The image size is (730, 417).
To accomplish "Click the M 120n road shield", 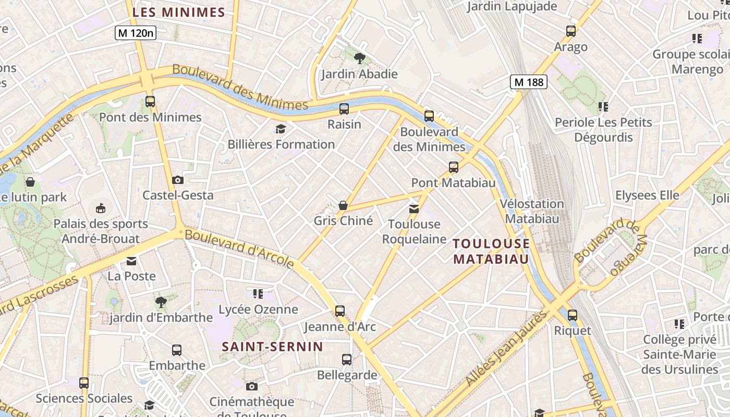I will pyautogui.click(x=136, y=33).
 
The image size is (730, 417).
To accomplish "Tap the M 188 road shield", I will pyautogui.click(x=529, y=82).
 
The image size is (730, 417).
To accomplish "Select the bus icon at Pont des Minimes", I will pyautogui.click(x=150, y=102).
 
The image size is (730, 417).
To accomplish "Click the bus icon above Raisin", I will pyautogui.click(x=344, y=109).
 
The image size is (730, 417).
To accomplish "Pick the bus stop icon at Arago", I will pyautogui.click(x=571, y=31).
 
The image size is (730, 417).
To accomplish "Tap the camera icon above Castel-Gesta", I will pyautogui.click(x=178, y=180).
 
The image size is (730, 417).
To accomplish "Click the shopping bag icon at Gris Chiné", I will pyautogui.click(x=343, y=205).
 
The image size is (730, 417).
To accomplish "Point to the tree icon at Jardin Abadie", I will pyautogui.click(x=359, y=58).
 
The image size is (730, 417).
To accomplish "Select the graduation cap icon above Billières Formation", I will pyautogui.click(x=281, y=129).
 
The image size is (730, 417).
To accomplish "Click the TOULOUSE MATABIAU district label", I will pyautogui.click(x=491, y=251).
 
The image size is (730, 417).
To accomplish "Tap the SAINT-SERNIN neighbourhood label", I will pyautogui.click(x=273, y=347).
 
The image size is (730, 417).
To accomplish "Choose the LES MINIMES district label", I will pyautogui.click(x=179, y=13).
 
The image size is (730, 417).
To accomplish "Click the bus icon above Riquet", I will pyautogui.click(x=573, y=315).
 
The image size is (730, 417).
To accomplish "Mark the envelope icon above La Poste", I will pyautogui.click(x=131, y=261).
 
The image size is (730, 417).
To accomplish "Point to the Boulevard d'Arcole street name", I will pyautogui.click(x=239, y=249).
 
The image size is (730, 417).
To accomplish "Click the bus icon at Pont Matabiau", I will pyautogui.click(x=454, y=167).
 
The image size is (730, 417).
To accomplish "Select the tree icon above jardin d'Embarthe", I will pyautogui.click(x=161, y=302).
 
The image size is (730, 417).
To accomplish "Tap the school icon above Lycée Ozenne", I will pyautogui.click(x=258, y=294).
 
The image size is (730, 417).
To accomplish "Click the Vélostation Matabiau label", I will pyautogui.click(x=532, y=211).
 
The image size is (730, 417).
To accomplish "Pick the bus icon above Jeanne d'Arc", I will pyautogui.click(x=340, y=311).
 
